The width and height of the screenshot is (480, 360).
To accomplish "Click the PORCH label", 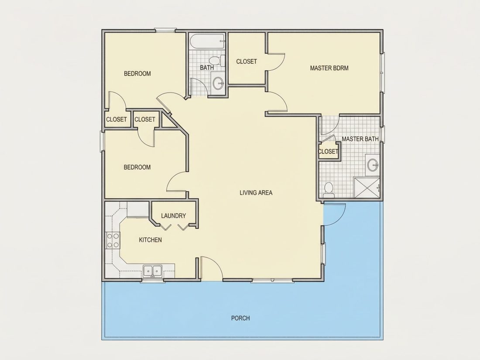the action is (240, 318).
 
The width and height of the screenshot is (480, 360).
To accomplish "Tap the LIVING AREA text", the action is (256, 192).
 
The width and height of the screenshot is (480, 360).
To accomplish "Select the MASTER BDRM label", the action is (329, 68).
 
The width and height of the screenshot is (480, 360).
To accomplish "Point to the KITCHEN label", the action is (150, 240).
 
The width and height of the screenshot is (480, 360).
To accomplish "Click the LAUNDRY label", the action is (173, 216).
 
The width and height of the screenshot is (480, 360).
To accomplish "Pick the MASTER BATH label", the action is (360, 139).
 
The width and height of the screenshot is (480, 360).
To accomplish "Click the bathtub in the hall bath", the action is (207, 41).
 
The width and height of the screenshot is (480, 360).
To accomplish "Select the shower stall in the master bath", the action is (367, 187).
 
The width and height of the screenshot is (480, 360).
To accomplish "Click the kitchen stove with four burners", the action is (112, 240).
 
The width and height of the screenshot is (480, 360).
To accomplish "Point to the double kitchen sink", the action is (153, 271).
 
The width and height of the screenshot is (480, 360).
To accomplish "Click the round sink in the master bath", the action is (373, 165).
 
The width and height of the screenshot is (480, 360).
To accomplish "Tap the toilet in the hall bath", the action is (217, 60).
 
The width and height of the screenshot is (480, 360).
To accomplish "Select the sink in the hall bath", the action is (218, 82).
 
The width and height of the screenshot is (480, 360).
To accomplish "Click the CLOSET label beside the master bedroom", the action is (247, 61).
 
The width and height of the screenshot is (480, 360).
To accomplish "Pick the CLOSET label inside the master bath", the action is (328, 151).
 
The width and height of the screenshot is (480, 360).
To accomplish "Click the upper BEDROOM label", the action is (137, 73).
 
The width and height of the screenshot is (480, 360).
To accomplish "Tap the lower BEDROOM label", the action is (137, 167).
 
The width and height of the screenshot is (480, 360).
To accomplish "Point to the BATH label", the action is (207, 67).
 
